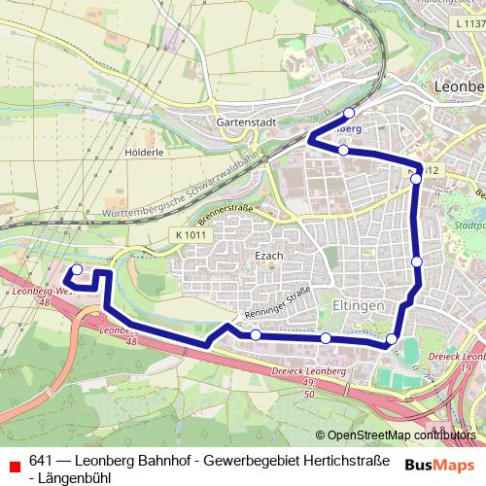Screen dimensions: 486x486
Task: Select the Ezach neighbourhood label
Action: coord(267,255)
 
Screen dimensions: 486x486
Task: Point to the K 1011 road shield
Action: coord(192,234)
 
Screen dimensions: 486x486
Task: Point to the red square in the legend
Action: coord(14,462)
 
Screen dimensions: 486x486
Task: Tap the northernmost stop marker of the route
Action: coord(350,113)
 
